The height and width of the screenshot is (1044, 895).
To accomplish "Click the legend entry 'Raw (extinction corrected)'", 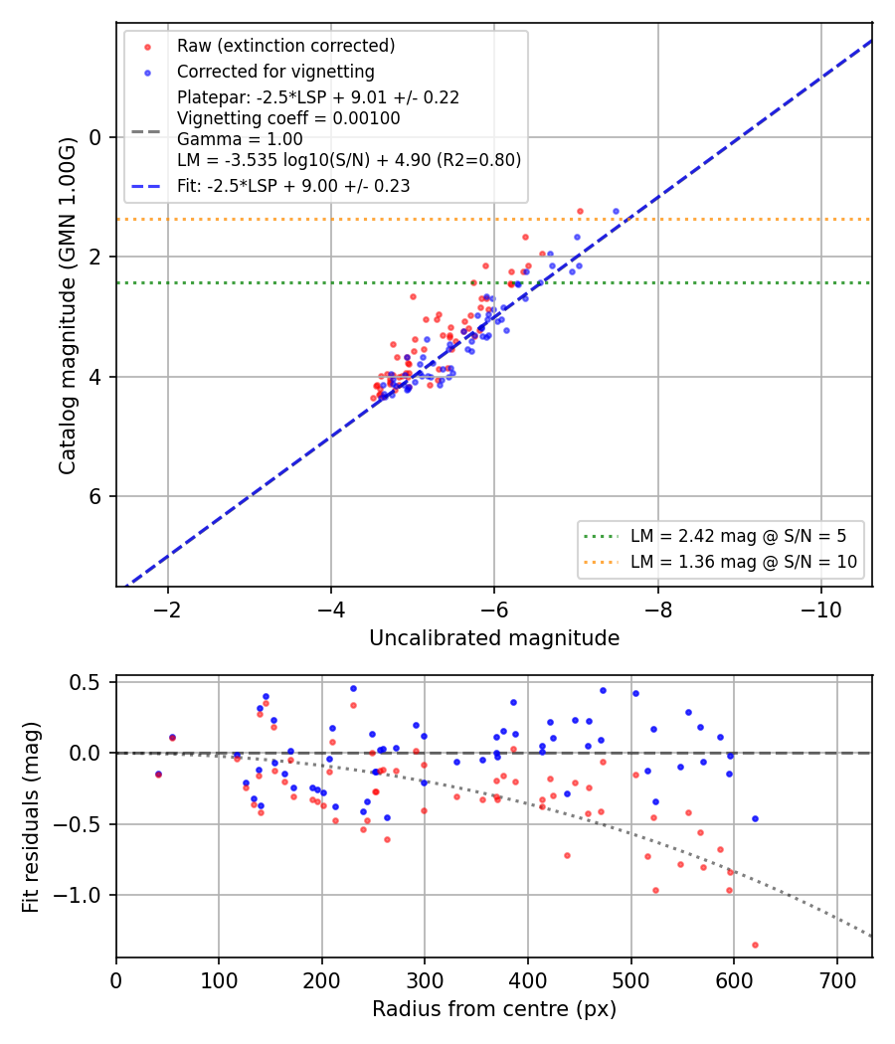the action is click(285, 46).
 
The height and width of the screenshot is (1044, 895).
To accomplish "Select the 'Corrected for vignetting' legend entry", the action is click(275, 72).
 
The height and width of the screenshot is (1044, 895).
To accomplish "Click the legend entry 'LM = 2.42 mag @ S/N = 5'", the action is click(739, 536).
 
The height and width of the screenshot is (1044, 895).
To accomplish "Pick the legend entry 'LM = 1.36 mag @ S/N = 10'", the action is click(744, 562).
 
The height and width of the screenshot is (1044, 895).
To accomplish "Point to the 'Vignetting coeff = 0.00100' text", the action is click(288, 118).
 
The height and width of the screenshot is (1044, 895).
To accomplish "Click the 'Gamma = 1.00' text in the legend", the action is click(240, 139).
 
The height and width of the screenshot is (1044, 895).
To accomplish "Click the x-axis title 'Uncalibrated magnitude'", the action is click(494, 638).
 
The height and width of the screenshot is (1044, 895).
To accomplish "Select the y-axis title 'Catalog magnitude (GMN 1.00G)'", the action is click(68, 306).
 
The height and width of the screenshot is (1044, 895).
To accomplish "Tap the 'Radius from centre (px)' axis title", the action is click(494, 1009).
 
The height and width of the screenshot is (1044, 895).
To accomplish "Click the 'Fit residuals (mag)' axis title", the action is click(31, 817).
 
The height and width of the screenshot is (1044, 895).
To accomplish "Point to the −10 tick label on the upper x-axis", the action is click(820, 609).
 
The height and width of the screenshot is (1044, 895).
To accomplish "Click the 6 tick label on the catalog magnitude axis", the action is click(94, 496).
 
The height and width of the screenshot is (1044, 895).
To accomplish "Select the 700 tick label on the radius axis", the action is click(837, 980).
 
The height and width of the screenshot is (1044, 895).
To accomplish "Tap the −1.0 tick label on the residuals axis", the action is click(77, 895).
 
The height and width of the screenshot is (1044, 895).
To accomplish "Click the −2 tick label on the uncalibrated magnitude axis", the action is click(167, 609).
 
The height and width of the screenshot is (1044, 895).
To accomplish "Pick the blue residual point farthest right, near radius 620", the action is click(755, 819).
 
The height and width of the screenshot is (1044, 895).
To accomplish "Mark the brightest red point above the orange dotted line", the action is click(580, 211).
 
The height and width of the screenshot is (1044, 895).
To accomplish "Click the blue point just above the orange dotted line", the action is click(616, 211).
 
